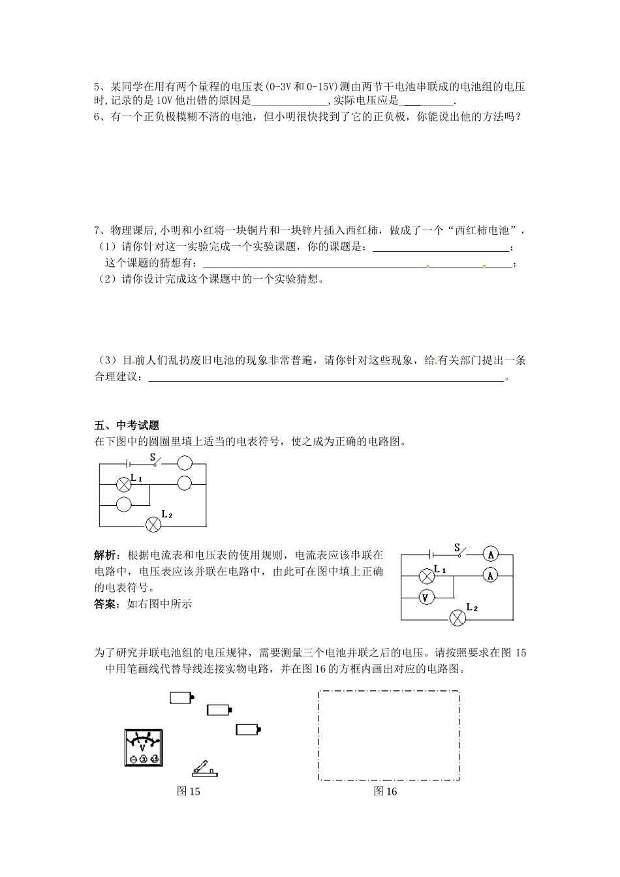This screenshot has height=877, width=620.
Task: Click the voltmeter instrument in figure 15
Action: (143, 748)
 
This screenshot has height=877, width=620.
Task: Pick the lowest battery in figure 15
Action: (248, 730)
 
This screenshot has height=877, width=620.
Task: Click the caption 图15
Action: (189, 792)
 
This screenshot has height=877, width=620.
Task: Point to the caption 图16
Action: (385, 792)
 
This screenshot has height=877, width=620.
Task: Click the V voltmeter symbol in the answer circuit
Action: (427, 597)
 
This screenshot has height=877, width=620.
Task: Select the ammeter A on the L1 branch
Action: (491, 575)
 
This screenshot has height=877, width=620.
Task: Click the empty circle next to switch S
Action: (185, 463)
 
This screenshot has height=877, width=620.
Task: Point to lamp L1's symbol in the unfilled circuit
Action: (124, 484)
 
